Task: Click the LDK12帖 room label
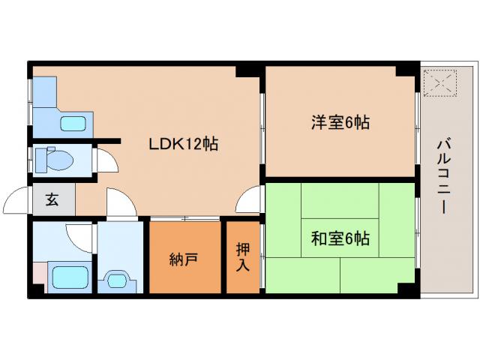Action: pyautogui.click(x=184, y=144)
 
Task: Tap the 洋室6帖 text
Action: pyautogui.click(x=340, y=122)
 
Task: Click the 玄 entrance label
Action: pyautogui.click(x=52, y=200)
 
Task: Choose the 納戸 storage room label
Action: pyautogui.click(x=184, y=259)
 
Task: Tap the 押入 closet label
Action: pyautogui.click(x=243, y=257)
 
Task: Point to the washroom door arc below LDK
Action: pyautogui.click(x=118, y=203)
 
